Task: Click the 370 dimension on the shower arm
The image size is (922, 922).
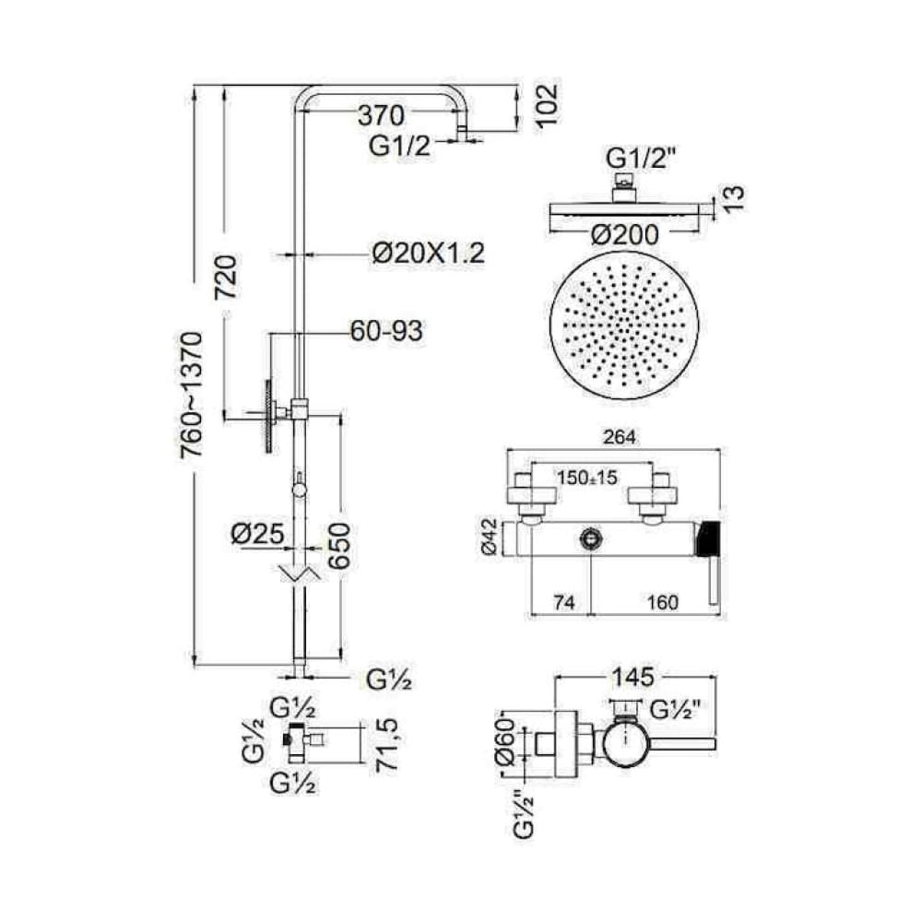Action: pyautogui.click(x=382, y=115)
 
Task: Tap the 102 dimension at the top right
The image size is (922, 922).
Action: pyautogui.click(x=546, y=105)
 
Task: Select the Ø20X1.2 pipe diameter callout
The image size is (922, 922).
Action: pyautogui.click(x=429, y=254)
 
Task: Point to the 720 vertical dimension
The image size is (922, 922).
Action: pyautogui.click(x=228, y=277)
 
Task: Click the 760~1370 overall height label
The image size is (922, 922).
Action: pyautogui.click(x=192, y=396)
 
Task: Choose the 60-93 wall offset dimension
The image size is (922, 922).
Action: pyautogui.click(x=386, y=331)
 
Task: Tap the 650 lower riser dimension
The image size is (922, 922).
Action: pyautogui.click(x=339, y=546)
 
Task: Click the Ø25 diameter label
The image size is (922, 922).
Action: pyautogui.click(x=258, y=534)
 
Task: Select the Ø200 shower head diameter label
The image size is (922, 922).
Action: pyautogui.click(x=624, y=235)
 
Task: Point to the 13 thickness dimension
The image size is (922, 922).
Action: pyautogui.click(x=734, y=199)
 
